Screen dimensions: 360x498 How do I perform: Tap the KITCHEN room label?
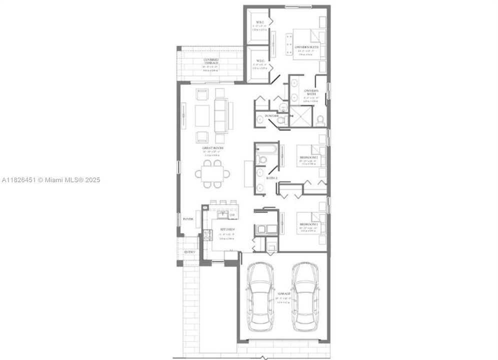(x=225, y=229)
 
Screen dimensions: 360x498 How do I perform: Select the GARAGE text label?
(x=284, y=293)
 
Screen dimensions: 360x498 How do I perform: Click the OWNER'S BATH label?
(x=311, y=92)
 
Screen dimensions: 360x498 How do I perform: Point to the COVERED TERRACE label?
(x=211, y=61)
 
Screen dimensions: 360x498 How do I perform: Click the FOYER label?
(x=188, y=219)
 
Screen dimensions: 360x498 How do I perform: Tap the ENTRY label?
(x=190, y=252)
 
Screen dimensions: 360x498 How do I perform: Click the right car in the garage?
(x=306, y=294)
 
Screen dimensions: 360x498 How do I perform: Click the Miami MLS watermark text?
(x=51, y=179)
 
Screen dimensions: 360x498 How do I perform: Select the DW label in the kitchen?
(x=232, y=215)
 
